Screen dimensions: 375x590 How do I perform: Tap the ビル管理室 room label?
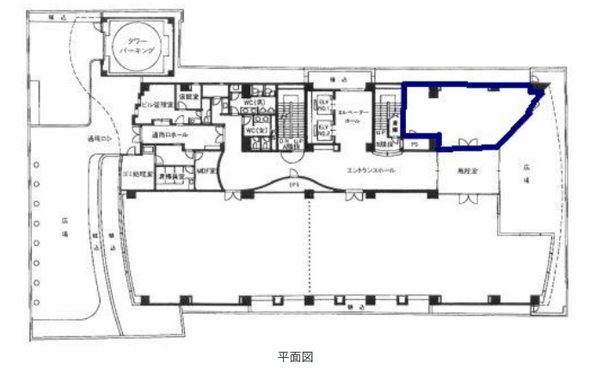pos(157,104)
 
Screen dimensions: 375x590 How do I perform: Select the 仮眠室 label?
pos(188,96)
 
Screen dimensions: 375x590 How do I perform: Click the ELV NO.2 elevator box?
pos(324,130)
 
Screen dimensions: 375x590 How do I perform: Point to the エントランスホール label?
pos(371,171)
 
